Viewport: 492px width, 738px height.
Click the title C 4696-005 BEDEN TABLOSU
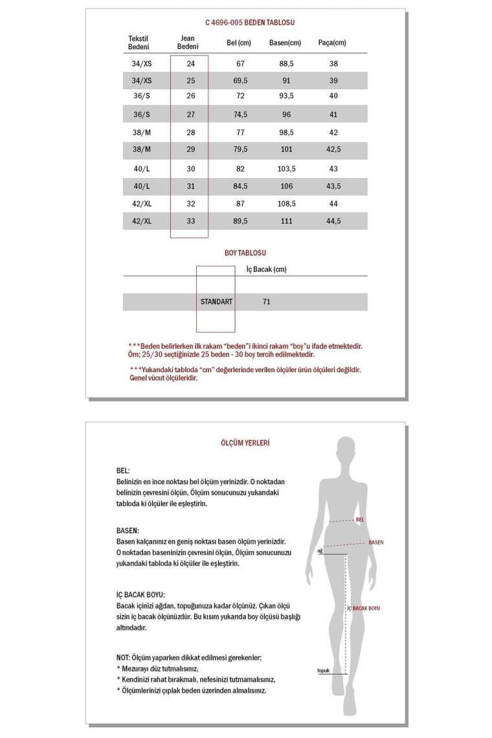250,23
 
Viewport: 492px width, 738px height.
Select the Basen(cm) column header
285,43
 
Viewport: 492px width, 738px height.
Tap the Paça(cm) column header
332,43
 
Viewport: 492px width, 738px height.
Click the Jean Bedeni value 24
190,64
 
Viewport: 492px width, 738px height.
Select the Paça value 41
333,115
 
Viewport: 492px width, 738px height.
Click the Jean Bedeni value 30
190,168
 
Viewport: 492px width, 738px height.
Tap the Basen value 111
285,221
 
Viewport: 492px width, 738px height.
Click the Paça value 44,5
333,221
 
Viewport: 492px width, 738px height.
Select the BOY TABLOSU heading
245,253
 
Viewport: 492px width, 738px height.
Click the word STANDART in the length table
216,302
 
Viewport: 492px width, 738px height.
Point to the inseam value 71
267,302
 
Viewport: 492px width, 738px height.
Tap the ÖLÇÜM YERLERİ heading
245,443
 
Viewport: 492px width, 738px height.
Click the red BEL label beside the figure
361,519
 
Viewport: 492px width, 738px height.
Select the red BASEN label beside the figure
376,542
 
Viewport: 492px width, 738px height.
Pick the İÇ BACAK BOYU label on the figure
364,609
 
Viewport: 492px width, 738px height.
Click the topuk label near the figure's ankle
323,671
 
